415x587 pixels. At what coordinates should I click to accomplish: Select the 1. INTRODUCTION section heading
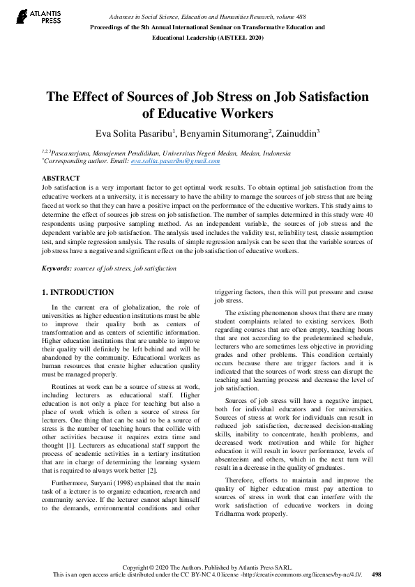coord(77,292)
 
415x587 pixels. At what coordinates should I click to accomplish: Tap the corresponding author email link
coord(175,161)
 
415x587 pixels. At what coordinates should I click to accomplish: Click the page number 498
coord(377,574)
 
